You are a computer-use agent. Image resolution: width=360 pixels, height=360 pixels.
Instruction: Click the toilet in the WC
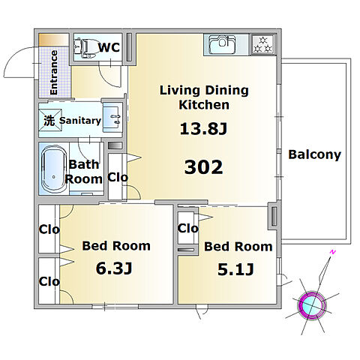click(85, 46)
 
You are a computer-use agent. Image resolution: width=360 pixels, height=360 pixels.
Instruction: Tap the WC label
click(109, 47)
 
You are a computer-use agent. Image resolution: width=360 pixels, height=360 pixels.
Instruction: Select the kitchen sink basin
click(222, 44)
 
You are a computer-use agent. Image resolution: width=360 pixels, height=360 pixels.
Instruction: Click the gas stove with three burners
click(263, 44)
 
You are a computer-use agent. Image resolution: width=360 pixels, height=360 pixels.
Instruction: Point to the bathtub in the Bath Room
click(53, 169)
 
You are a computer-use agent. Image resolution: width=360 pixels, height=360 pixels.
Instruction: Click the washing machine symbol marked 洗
click(50, 120)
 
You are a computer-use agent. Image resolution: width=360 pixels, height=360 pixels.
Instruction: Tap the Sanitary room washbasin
click(112, 118)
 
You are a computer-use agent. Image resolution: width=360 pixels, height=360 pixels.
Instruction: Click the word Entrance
click(53, 73)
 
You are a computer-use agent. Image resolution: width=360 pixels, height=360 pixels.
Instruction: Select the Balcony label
click(314, 154)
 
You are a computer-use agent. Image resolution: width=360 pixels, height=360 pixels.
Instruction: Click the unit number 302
click(203, 167)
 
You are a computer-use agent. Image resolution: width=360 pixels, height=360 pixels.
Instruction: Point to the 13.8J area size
click(203, 129)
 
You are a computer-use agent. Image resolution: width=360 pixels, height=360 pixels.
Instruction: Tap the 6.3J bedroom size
click(114, 268)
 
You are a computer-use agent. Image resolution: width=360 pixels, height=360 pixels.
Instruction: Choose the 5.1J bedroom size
click(235, 269)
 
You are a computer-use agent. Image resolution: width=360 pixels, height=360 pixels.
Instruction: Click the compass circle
click(312, 304)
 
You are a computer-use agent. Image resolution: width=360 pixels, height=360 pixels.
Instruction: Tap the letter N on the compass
click(332, 252)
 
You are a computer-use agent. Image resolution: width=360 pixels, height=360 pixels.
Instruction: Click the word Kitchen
click(204, 105)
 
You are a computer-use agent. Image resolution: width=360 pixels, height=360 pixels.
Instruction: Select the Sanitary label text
click(80, 121)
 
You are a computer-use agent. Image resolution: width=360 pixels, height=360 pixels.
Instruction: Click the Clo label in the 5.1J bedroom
click(188, 228)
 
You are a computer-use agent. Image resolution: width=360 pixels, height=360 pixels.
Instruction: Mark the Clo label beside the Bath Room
click(118, 178)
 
